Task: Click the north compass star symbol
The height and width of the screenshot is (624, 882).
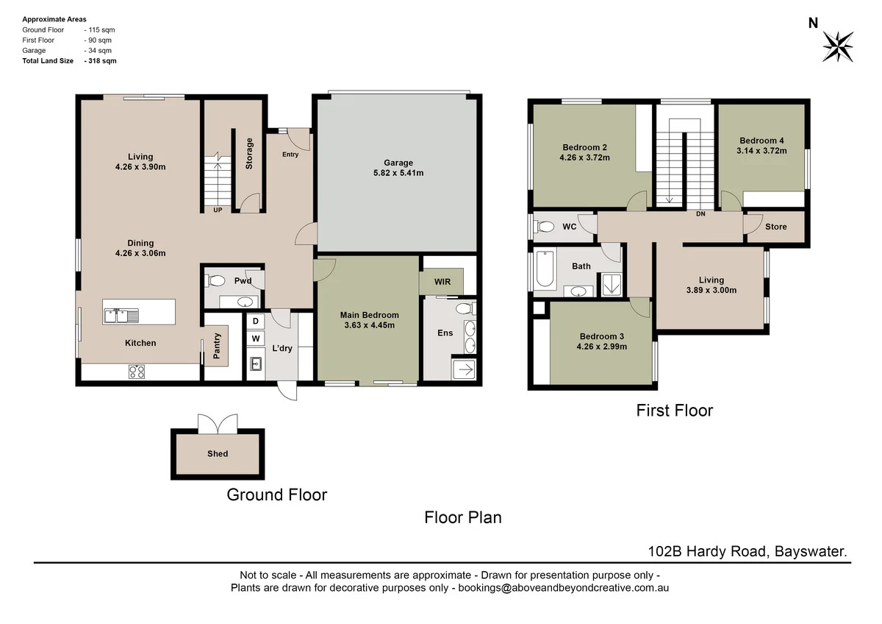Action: [838, 46]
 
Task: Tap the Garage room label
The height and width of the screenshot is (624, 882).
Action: [398, 163]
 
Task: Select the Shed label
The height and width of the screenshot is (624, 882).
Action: [218, 454]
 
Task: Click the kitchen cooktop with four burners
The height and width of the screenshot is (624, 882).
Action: [137, 372]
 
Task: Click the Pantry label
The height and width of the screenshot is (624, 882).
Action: [217, 347]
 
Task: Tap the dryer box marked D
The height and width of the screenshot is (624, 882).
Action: [256, 322]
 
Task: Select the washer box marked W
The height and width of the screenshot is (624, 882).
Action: [256, 338]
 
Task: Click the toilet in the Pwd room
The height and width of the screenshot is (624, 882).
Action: [216, 280]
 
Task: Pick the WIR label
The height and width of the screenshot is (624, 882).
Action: [442, 282]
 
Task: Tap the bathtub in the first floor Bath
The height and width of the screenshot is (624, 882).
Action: [545, 271]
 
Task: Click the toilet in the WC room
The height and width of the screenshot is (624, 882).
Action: [545, 227]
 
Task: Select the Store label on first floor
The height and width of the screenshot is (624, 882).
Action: [775, 227]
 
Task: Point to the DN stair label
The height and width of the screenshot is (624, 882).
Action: [700, 214]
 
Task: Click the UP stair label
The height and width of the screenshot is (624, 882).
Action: [218, 210]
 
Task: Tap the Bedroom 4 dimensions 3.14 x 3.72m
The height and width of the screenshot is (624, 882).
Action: [763, 151]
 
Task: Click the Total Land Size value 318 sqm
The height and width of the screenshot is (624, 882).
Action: [101, 61]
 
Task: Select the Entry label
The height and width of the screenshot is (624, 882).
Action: [290, 155]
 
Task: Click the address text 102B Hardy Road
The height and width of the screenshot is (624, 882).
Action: [706, 550]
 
